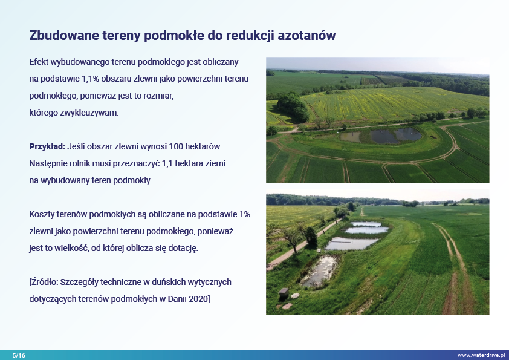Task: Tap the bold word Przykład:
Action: (x=47, y=147)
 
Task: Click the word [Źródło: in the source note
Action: (x=43, y=282)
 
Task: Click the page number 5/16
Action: (x=19, y=355)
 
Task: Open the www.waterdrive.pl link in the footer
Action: (x=481, y=355)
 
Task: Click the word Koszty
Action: (x=42, y=215)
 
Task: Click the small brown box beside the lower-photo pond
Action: (x=284, y=293)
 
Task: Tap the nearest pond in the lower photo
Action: (x=320, y=270)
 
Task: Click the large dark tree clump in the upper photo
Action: (x=292, y=106)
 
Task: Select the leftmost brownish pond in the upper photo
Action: (x=350, y=137)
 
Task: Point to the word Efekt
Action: (x=39, y=62)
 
